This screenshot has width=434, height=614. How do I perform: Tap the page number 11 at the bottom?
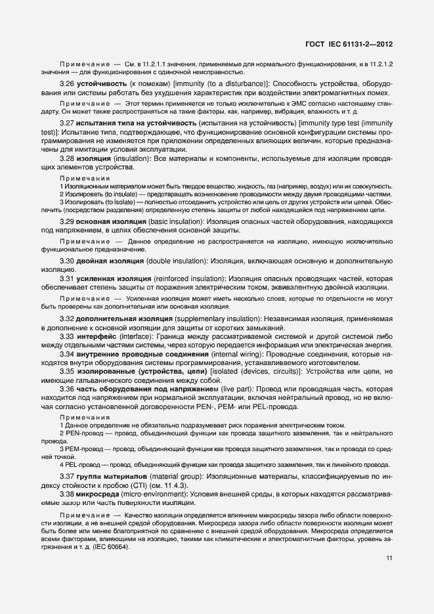coord(389,558)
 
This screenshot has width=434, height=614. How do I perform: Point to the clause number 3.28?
coord(67,160)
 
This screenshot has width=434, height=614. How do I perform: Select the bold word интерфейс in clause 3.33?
coord(97,337)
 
